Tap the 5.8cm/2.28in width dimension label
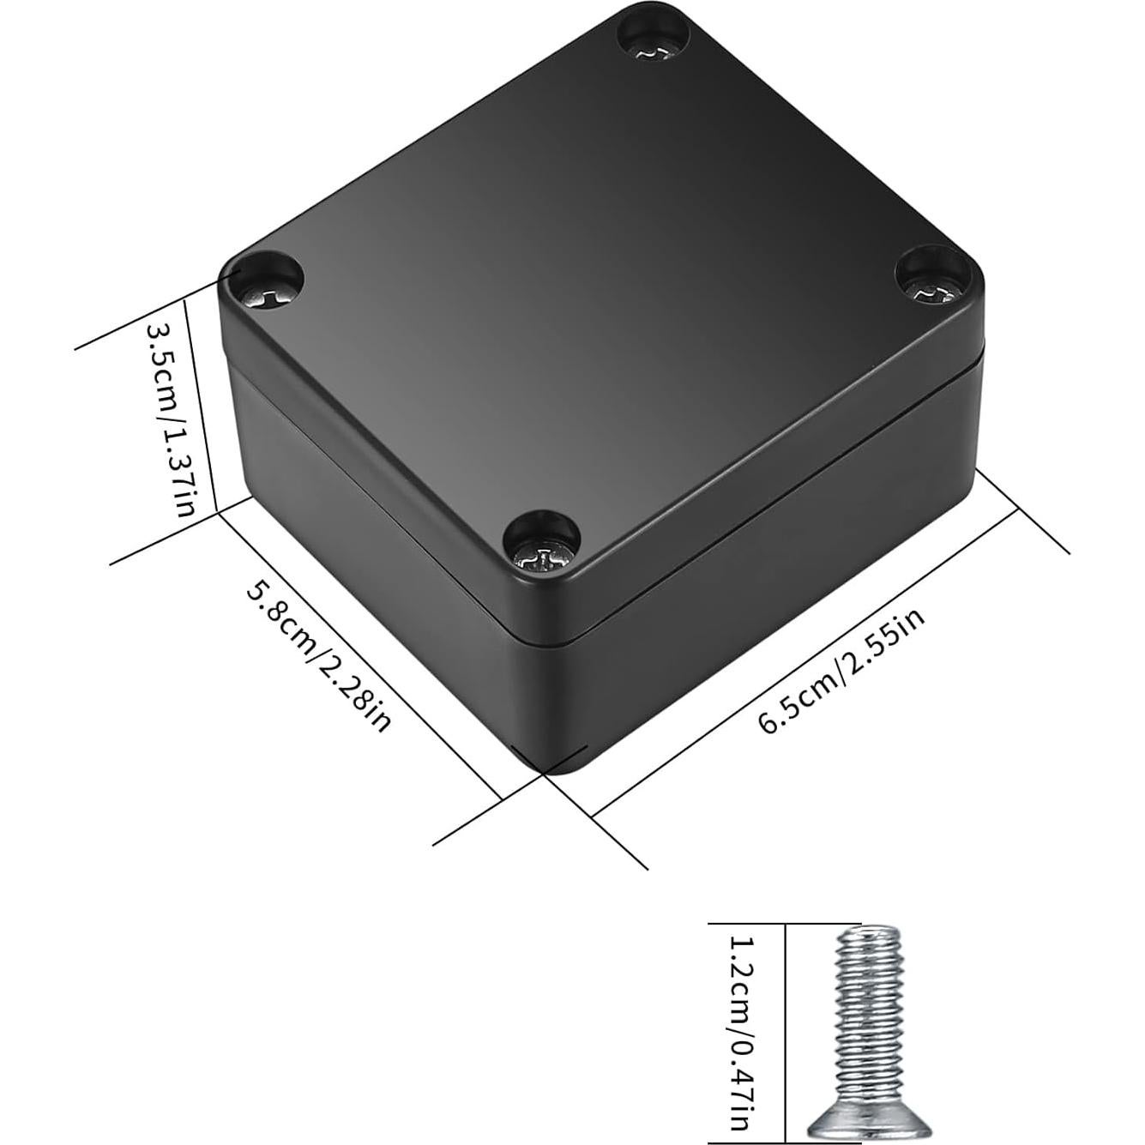[x=318, y=656]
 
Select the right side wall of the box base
[x=772, y=583]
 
